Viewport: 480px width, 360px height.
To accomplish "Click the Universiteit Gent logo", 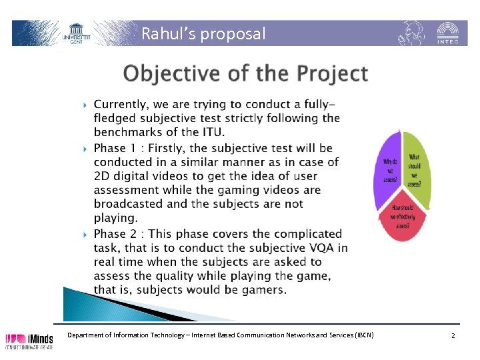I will click(77, 33).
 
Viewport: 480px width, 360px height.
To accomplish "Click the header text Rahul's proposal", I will click(203, 33).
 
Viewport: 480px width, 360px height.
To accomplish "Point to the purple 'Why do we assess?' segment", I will click(388, 170).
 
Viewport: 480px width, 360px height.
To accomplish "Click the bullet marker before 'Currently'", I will click(85, 105).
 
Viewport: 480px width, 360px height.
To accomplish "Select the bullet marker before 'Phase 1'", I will click(85, 148).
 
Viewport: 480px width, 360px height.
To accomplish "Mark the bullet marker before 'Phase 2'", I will click(85, 234).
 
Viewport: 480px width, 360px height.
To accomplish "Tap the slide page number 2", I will click(453, 335).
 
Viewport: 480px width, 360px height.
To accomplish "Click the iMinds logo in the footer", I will click(30, 339).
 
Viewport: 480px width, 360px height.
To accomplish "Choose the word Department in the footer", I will click(87, 335).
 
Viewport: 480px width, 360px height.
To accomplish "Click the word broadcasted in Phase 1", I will click(127, 204).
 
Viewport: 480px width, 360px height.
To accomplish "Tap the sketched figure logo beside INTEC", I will click(411, 33).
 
